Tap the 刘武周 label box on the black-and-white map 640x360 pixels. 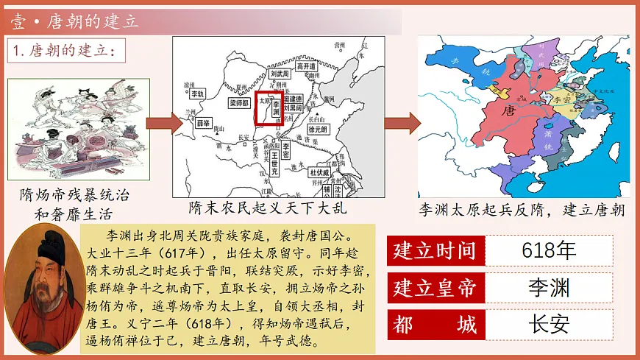[280, 74]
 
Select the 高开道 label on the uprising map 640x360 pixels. [305, 66]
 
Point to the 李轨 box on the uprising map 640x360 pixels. [197, 94]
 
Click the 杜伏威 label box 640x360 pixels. [321, 174]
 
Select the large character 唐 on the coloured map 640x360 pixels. [507, 111]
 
